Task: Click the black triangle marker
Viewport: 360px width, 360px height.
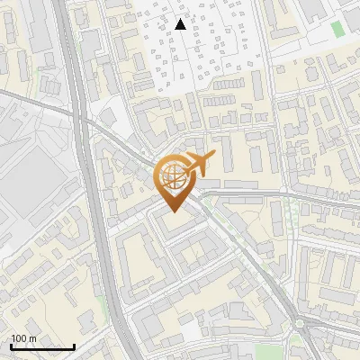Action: pyautogui.click(x=181, y=24)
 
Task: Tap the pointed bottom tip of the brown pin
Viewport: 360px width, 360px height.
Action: pyautogui.click(x=171, y=212)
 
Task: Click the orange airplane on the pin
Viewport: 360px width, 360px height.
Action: pyautogui.click(x=198, y=164)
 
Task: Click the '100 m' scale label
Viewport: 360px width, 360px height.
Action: pyautogui.click(x=23, y=338)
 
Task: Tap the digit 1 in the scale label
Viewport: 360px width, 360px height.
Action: pyautogui.click(x=13, y=338)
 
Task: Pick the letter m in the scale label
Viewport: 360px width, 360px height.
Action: pyautogui.click(x=32, y=338)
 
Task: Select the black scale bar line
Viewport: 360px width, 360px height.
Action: pyautogui.click(x=42, y=347)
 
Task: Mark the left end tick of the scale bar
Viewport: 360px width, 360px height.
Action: pyautogui.click(x=11, y=346)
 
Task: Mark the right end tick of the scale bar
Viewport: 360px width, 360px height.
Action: pyautogui.click(x=74, y=346)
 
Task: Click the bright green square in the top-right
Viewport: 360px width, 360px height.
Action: pyautogui.click(x=338, y=29)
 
